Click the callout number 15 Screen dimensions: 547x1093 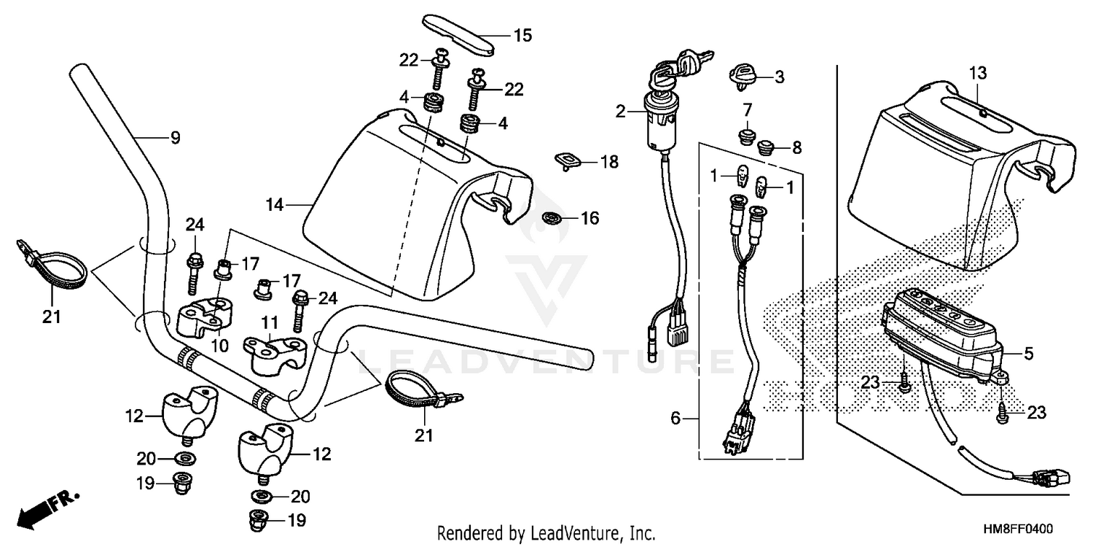tap(522, 35)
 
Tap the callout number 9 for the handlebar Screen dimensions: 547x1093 tap(175, 137)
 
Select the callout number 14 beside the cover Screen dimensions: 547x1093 tap(274, 206)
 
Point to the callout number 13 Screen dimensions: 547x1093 tap(977, 72)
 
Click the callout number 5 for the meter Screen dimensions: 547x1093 tap(1028, 354)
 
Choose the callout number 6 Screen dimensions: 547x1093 tap(675, 418)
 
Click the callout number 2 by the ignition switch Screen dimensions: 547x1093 tap(620, 112)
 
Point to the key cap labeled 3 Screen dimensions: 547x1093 tap(743, 76)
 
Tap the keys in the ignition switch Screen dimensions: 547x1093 tap(681, 63)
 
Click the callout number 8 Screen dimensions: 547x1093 tap(796, 148)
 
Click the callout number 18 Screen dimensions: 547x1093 tap(608, 162)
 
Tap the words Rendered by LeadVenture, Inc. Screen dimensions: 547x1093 tap(546, 532)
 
